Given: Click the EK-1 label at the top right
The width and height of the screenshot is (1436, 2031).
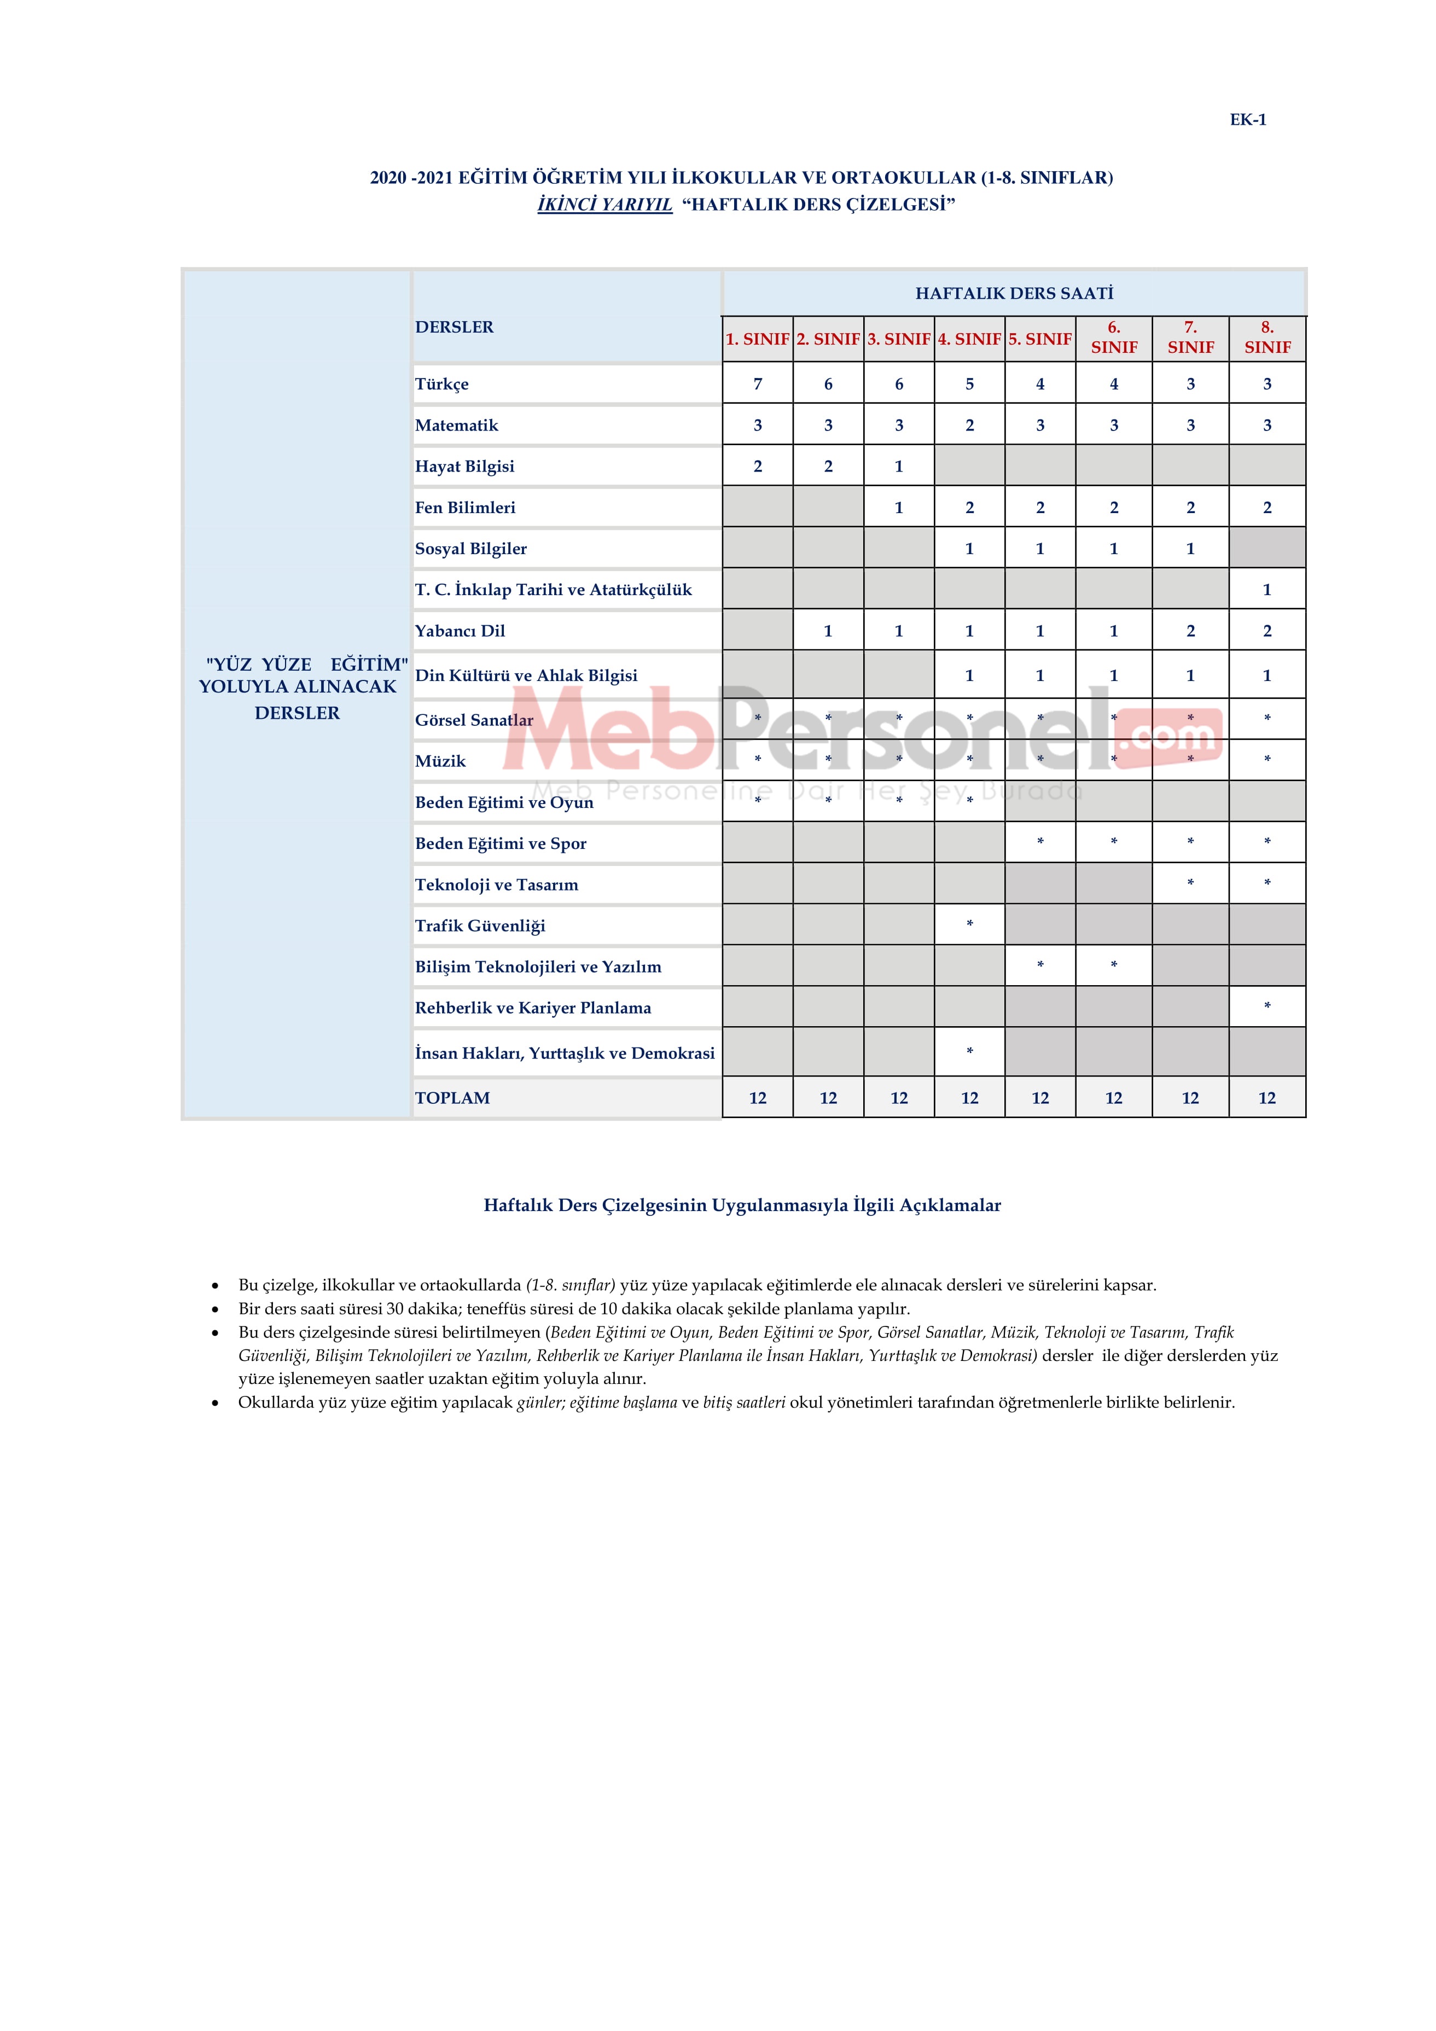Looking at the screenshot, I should pos(1247,119).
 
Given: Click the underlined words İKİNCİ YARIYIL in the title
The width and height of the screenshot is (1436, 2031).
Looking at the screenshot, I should pos(604,205).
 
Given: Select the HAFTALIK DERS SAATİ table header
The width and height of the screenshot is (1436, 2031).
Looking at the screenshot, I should pos(1014,293).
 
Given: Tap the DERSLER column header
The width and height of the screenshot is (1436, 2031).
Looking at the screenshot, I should pos(455,327).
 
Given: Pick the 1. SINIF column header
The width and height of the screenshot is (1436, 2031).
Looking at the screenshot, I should pos(757,339).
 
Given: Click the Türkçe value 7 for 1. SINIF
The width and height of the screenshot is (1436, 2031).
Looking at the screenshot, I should pos(757,384).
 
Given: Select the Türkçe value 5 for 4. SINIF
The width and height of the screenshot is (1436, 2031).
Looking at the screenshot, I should pos(970,384).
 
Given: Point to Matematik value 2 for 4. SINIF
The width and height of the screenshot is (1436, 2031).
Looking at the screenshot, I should pos(970,426).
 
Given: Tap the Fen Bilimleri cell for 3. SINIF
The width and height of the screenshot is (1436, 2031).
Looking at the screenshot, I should pos(899,508).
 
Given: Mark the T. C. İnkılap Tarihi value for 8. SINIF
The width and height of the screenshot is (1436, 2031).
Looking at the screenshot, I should pos(1267,590).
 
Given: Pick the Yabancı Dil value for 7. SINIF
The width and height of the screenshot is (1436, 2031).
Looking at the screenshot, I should pos(1190,631).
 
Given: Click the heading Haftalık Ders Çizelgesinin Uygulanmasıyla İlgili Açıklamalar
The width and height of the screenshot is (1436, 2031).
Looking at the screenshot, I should pos(742,1205).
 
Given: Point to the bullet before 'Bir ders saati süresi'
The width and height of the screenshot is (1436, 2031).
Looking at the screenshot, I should pos(215,1309).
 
